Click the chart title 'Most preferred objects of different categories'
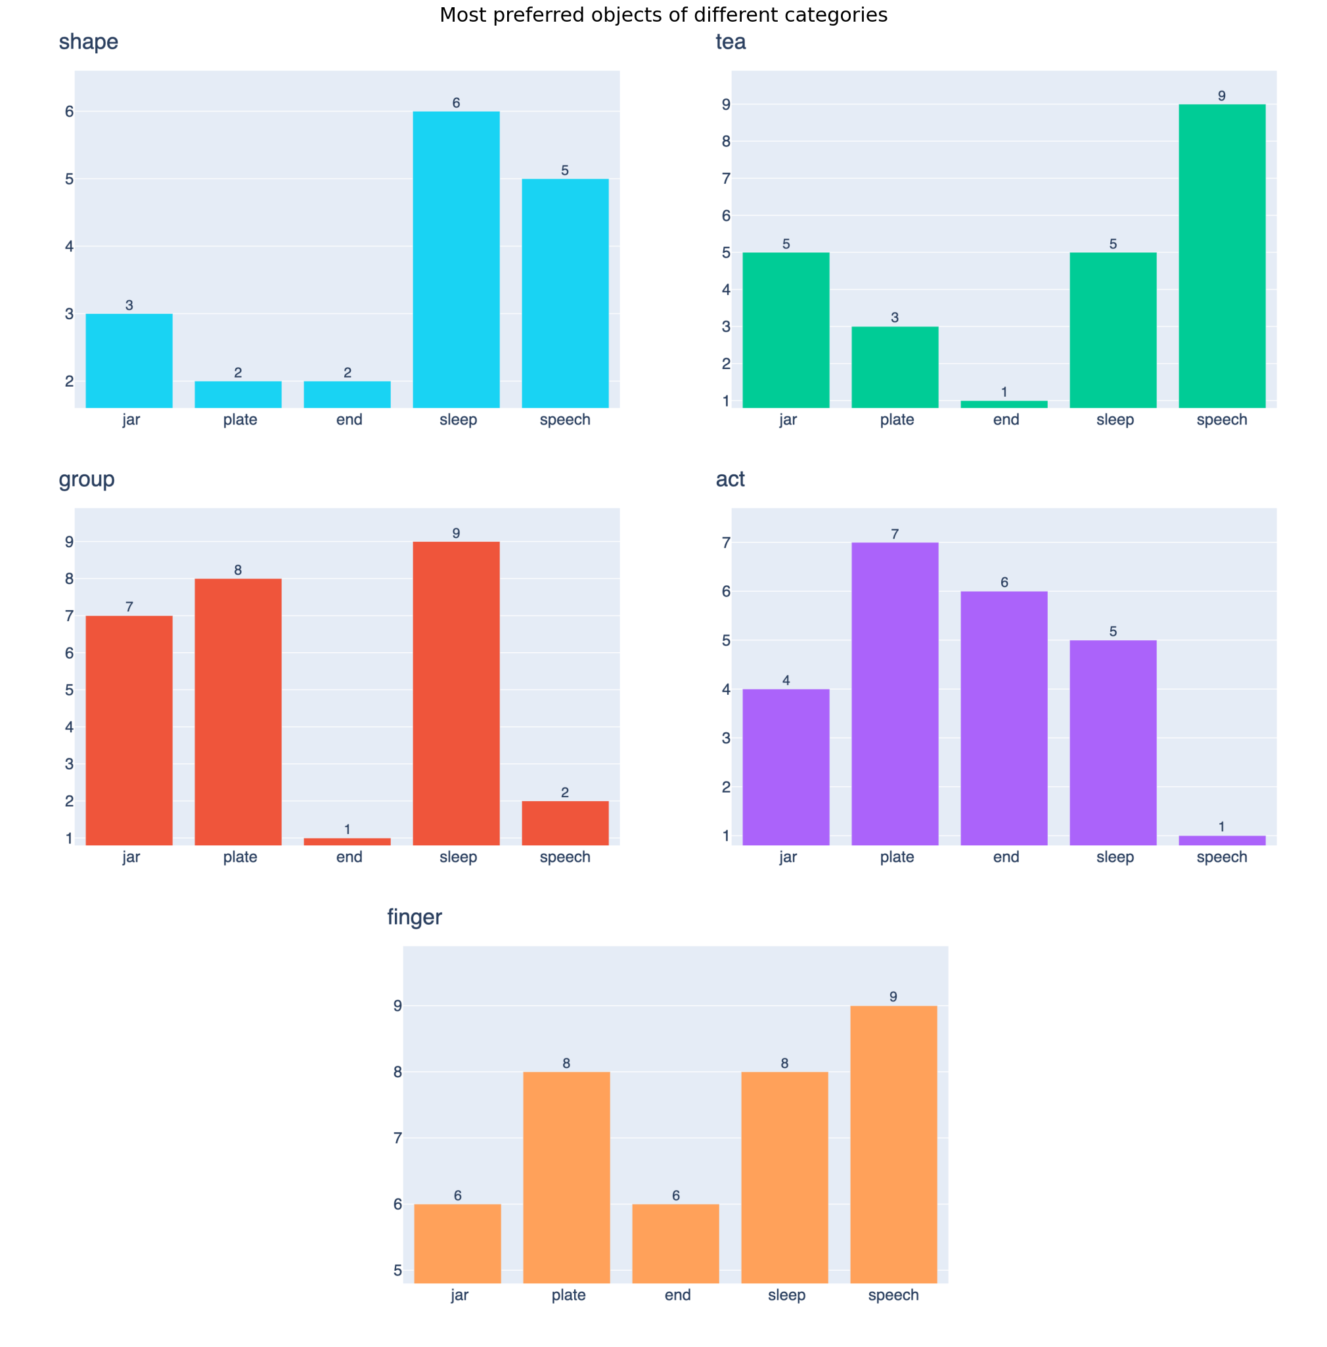tap(663, 14)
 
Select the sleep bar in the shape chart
tap(456, 259)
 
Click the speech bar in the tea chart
tap(1221, 255)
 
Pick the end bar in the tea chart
tap(1004, 404)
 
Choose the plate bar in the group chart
tap(238, 711)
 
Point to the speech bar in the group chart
tap(564, 823)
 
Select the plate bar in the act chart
tap(894, 694)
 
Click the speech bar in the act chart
tap(1221, 841)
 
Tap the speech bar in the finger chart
tap(893, 1143)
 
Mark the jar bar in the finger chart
tap(457, 1243)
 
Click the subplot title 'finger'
tap(414, 916)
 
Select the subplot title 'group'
tap(87, 479)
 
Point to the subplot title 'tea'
tap(731, 42)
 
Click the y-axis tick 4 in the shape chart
tap(69, 246)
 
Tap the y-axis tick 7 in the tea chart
tap(726, 179)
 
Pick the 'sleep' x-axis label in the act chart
tap(1114, 856)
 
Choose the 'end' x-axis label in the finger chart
tap(677, 1294)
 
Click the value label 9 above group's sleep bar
tap(456, 533)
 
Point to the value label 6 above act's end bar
tap(1004, 582)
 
